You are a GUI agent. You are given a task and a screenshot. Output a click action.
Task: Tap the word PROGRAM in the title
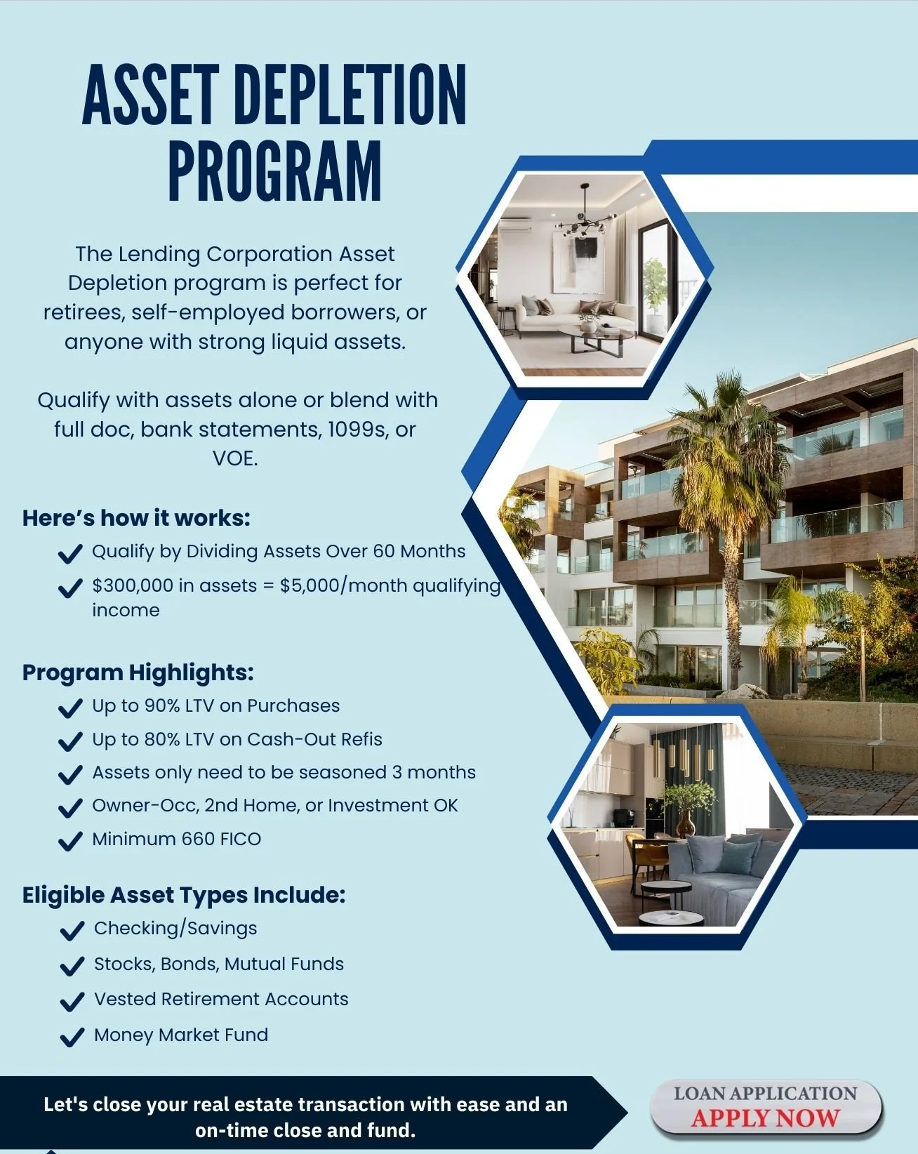[x=274, y=171]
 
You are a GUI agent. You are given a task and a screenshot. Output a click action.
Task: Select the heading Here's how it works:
[x=136, y=518]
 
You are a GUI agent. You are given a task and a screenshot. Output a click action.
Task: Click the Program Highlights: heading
[x=138, y=672]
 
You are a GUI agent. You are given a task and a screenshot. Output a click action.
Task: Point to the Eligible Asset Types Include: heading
[x=184, y=895]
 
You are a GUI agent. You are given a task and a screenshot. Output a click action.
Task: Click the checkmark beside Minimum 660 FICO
[x=69, y=841]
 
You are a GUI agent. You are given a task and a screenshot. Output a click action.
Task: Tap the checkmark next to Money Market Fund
[x=72, y=1037]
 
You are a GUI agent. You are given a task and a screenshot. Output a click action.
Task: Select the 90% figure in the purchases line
[x=162, y=705]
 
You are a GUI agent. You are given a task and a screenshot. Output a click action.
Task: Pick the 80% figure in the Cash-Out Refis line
[x=162, y=739]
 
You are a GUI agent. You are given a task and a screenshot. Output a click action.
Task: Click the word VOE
[x=235, y=458]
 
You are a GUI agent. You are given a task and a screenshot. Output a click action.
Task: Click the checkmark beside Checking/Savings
[x=72, y=931]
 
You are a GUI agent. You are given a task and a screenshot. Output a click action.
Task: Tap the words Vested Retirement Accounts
[x=221, y=999]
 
